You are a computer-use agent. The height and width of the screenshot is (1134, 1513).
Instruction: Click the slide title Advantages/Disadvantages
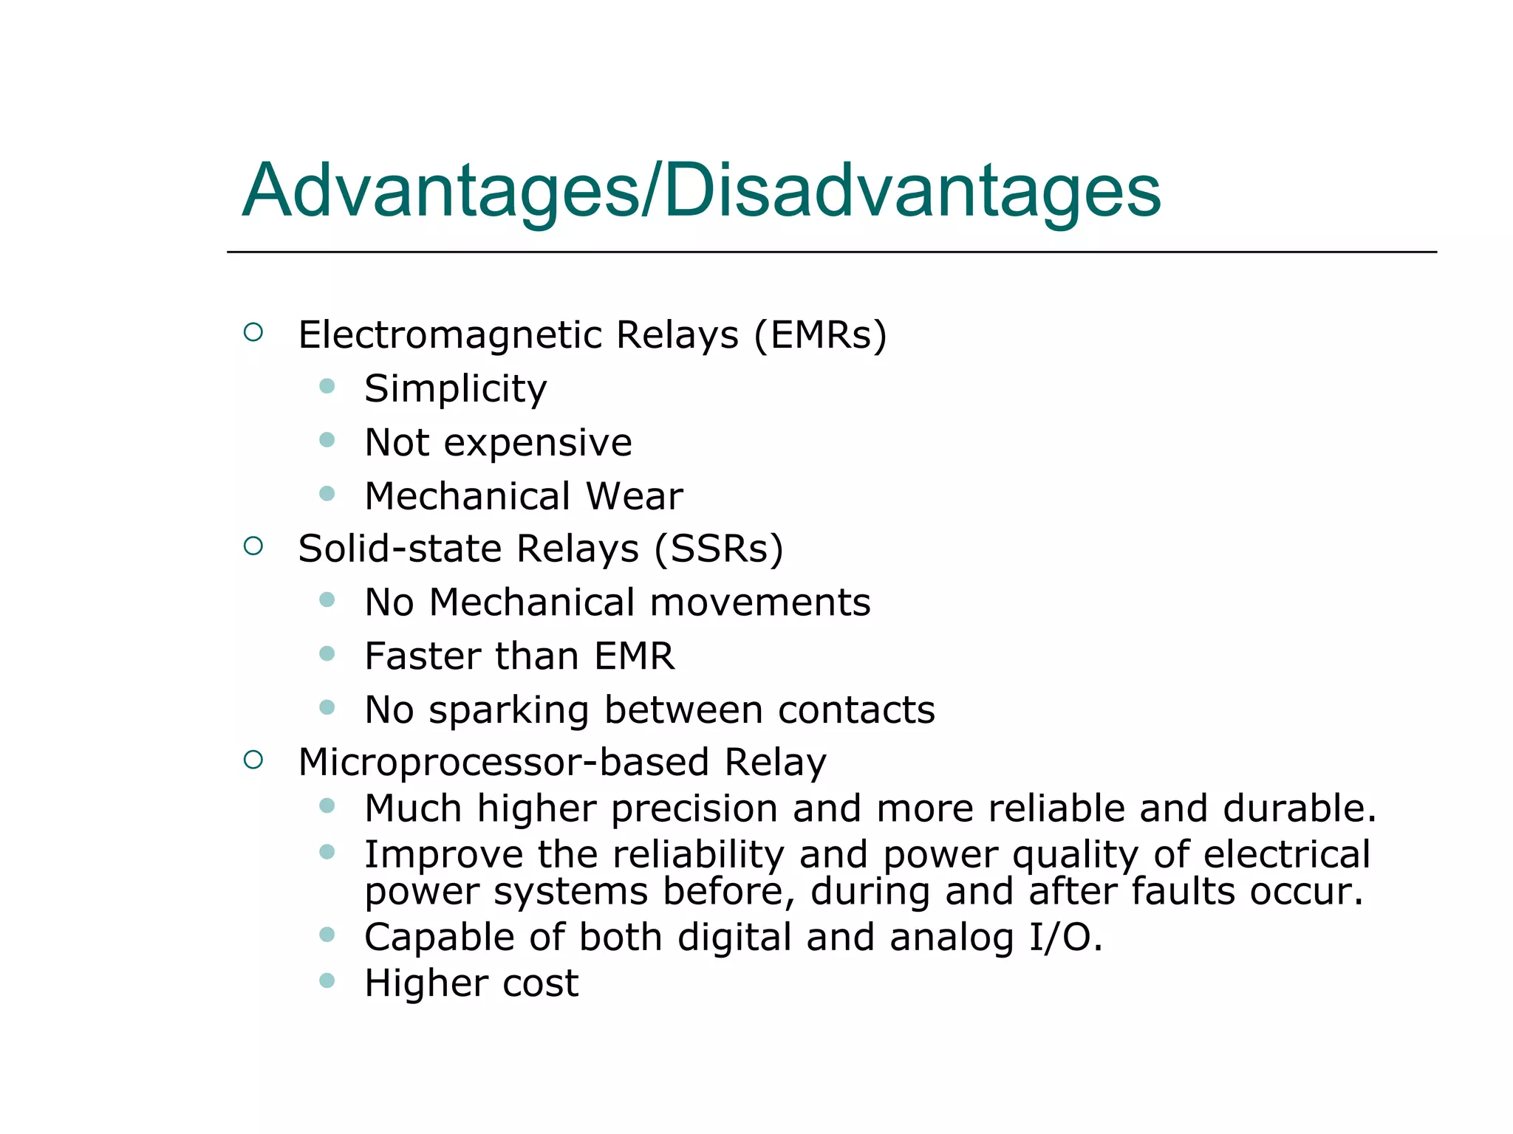click(701, 191)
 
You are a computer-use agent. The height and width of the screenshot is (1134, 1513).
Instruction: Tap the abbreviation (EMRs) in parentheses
click(820, 335)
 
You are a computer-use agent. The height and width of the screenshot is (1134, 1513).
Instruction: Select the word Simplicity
click(456, 389)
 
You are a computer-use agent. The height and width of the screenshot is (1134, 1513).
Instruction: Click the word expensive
click(538, 444)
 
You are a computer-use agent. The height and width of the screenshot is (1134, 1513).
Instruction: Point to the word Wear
click(634, 496)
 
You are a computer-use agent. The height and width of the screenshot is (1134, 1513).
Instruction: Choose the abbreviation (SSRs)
click(718, 549)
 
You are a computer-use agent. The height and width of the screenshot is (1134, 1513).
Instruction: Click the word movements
click(760, 602)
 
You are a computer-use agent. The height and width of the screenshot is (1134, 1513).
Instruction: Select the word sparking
click(508, 711)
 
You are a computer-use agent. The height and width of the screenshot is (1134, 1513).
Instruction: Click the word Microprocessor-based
click(503, 763)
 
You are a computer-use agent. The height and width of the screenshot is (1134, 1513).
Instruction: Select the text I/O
click(1065, 938)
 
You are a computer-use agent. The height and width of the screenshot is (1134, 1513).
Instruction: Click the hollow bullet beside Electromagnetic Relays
click(253, 332)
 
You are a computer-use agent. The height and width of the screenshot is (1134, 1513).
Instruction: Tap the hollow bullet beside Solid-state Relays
click(253, 546)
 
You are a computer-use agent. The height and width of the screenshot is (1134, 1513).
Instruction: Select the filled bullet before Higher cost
click(327, 980)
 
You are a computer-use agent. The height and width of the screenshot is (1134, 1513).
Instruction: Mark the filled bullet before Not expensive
click(327, 441)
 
